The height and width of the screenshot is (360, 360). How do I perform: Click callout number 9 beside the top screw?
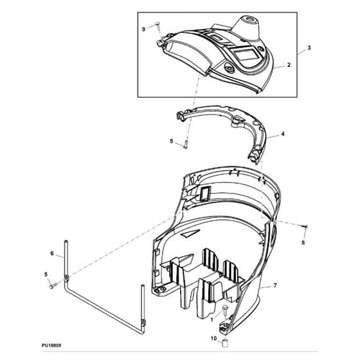tap(143, 30)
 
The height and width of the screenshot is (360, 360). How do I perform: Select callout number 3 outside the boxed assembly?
tap(309, 48)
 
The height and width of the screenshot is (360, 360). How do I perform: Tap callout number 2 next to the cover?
tap(289, 65)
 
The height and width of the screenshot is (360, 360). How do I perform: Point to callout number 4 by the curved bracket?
tap(283, 134)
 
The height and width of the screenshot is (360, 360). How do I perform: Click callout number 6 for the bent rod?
tap(52, 253)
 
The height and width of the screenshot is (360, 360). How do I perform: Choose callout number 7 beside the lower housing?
tap(275, 285)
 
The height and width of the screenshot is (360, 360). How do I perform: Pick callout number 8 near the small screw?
tap(303, 242)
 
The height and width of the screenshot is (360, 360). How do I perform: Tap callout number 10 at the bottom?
tap(213, 338)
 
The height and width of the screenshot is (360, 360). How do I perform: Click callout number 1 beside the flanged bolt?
tap(212, 319)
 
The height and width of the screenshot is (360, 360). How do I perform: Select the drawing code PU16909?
tap(51, 345)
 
